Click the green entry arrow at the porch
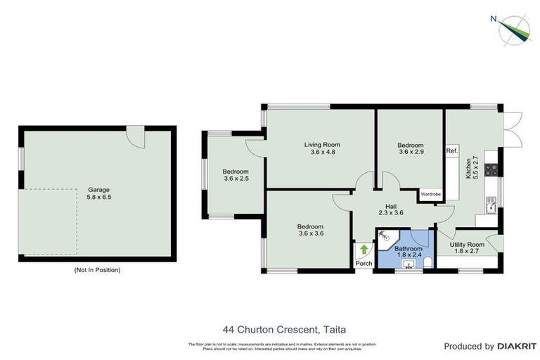364,249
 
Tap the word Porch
364,264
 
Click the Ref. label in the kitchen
451,151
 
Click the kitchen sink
490,207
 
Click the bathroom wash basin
406,265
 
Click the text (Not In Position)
96,270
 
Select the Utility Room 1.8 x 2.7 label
467,247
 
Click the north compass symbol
513,27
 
